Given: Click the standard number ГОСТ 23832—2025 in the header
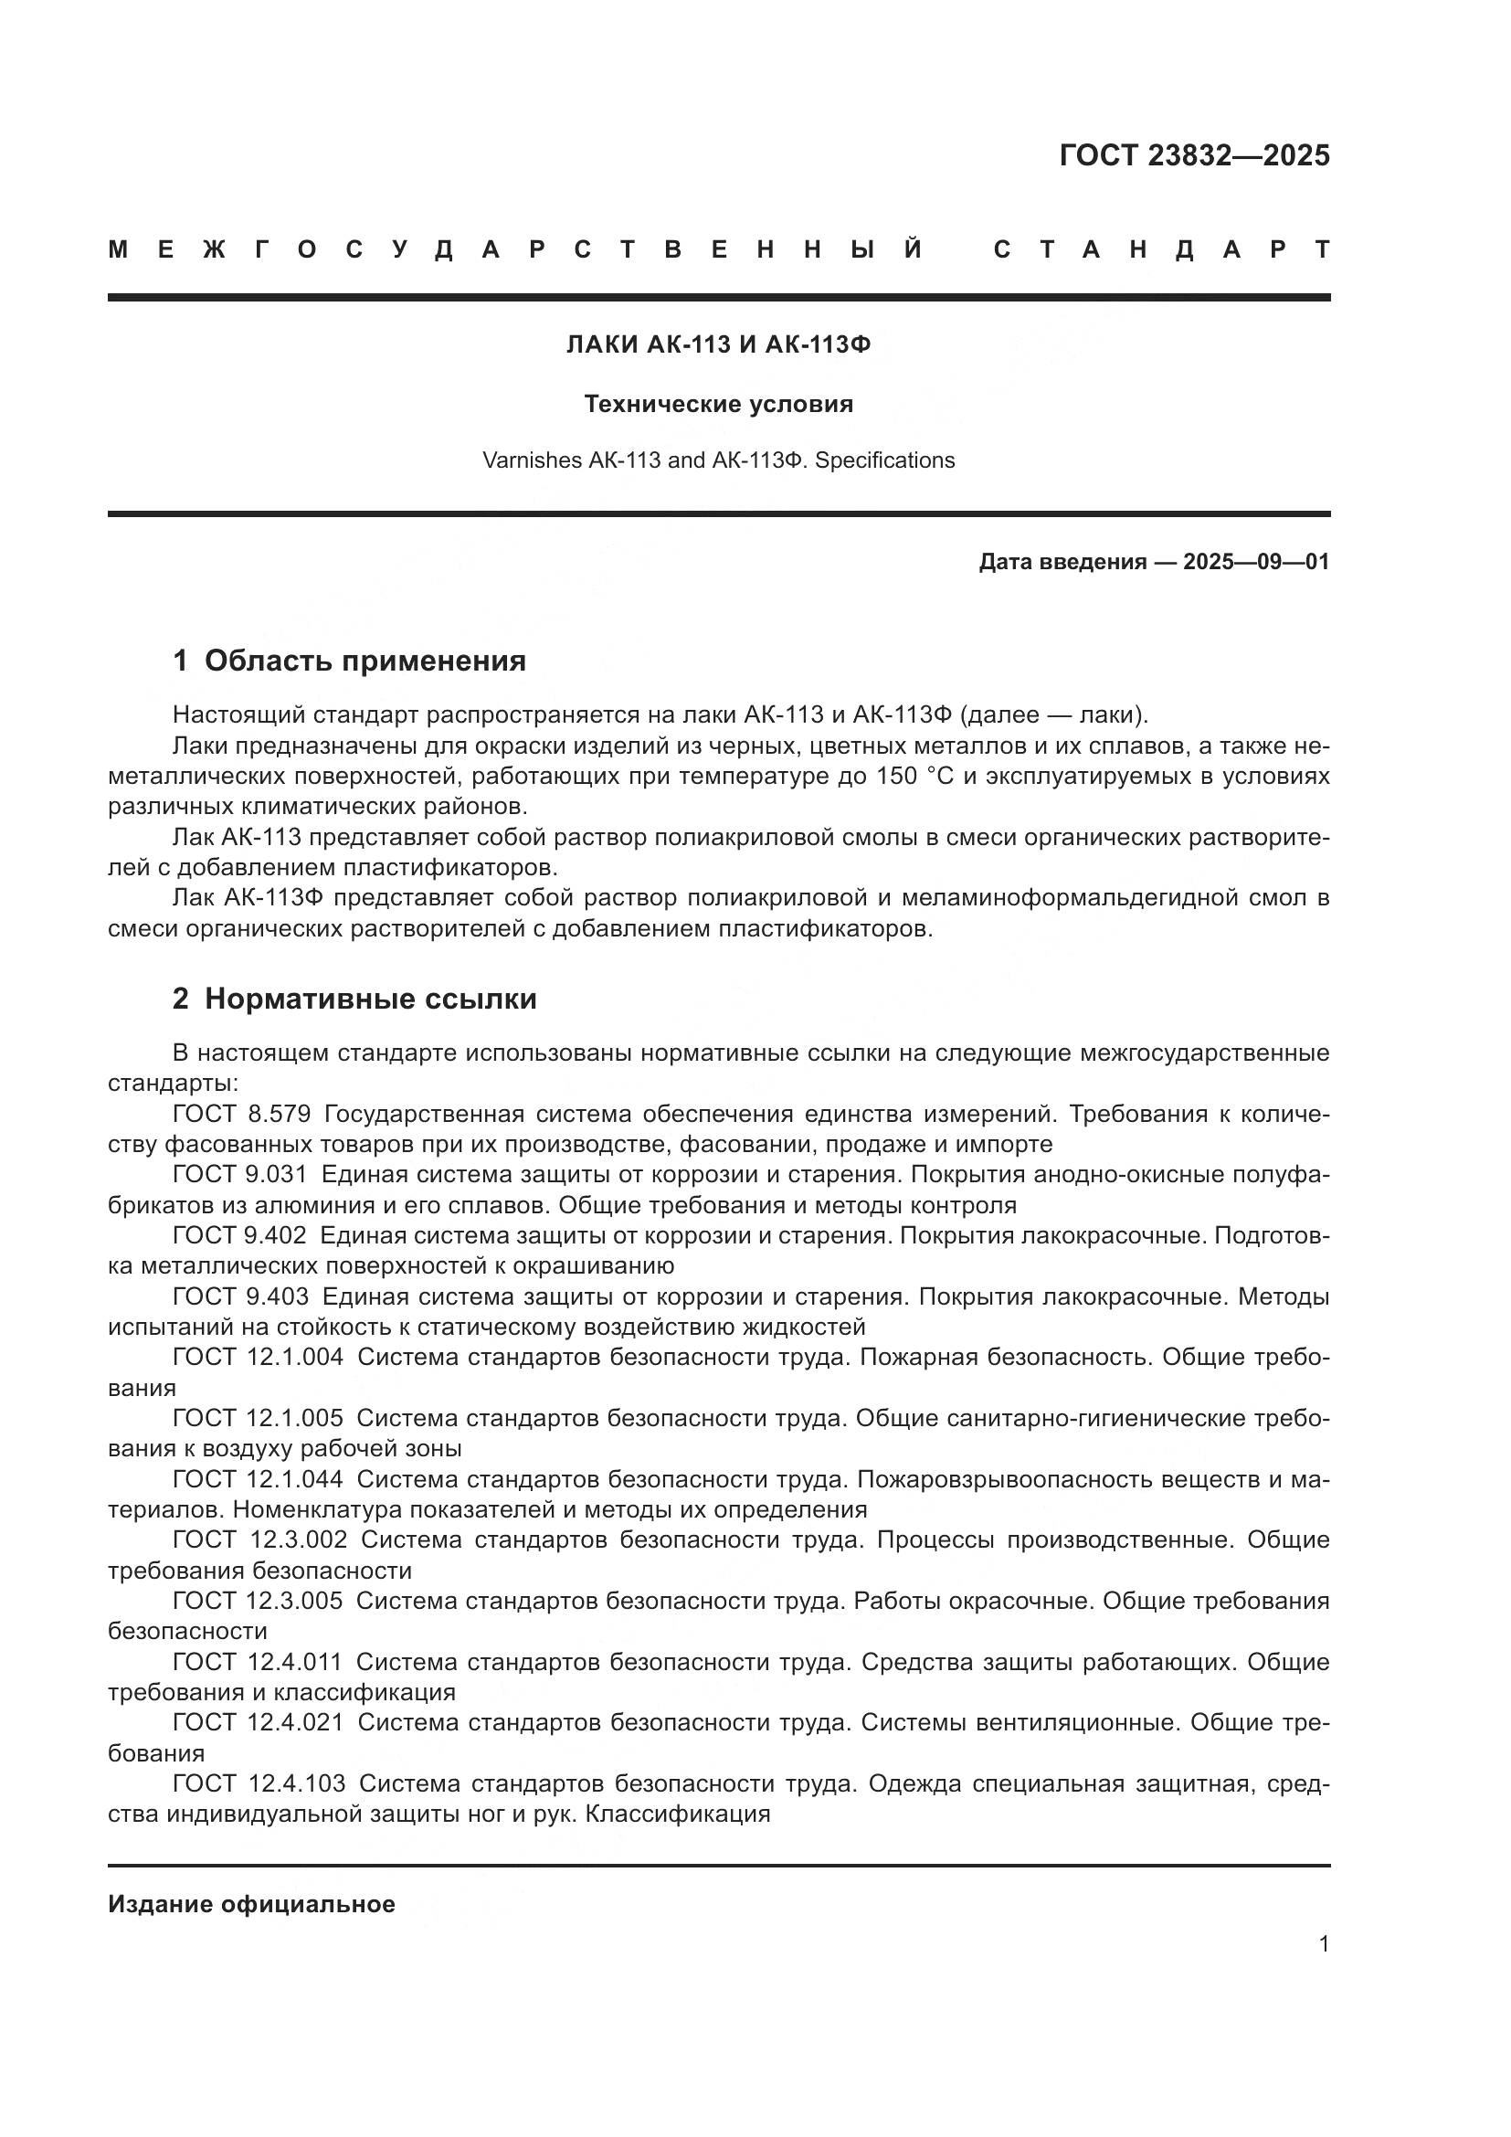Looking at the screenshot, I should pos(1194,155).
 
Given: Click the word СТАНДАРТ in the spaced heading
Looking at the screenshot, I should pos(1161,249).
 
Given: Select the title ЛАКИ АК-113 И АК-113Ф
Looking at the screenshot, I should pos(718,345).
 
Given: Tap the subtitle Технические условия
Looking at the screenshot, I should pos(718,404).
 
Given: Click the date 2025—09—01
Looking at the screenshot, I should pos(1255,562).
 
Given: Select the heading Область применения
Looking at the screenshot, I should pos(365,661).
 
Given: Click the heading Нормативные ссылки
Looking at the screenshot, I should pos(370,999).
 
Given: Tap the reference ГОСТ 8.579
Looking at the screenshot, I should pos(241,1114).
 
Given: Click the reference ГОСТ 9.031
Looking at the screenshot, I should pos(239,1175).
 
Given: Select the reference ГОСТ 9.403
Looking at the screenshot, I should pos(239,1296).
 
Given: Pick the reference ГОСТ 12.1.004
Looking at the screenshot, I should pos(258,1357).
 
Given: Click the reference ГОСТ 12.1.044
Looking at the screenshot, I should pos(258,1479).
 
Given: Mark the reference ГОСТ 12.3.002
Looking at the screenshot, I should pos(259,1539).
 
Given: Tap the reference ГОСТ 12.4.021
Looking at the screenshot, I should pos(258,1722).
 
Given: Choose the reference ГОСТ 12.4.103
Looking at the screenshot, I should pos(259,1783).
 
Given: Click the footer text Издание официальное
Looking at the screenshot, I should pos(251,1904).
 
